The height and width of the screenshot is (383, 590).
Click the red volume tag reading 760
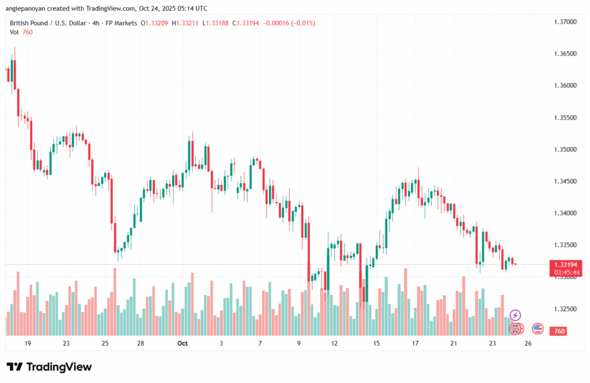click(558, 331)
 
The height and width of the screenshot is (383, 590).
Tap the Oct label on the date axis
click(183, 343)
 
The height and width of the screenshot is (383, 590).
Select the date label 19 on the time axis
click(28, 343)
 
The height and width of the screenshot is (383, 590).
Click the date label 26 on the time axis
click(529, 343)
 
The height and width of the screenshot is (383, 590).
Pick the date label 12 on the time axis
click(335, 343)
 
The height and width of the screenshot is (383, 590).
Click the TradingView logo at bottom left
click(49, 367)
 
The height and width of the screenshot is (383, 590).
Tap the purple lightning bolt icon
click(515, 315)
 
